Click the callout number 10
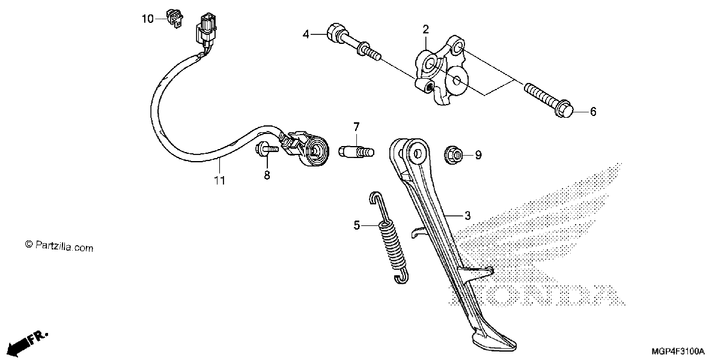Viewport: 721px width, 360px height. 148,19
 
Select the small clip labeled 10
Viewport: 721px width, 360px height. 174,19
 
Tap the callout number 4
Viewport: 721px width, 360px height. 306,34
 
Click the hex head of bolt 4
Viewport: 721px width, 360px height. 335,32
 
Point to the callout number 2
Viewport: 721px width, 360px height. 425,29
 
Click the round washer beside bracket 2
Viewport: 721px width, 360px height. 457,81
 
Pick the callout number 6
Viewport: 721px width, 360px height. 593,112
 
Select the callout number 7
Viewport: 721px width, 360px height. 356,127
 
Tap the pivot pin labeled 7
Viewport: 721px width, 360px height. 356,151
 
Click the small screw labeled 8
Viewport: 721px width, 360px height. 266,150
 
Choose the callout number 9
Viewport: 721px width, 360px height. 478,155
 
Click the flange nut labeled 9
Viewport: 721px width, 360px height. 454,155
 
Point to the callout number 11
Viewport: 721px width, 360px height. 219,181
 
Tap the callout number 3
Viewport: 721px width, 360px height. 467,215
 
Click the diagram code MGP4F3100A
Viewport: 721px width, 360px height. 678,351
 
